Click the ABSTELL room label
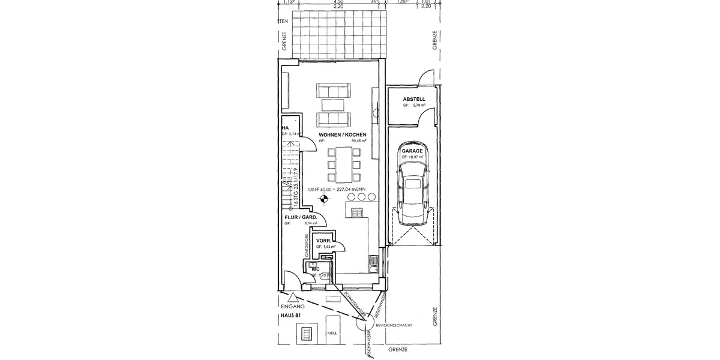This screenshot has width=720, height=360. [x=414, y=98]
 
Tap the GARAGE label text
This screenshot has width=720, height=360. [x=413, y=151]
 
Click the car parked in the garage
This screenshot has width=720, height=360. [x=413, y=194]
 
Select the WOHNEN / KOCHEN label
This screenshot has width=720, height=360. [x=343, y=135]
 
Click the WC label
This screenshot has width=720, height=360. [x=314, y=269]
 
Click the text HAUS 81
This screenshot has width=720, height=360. [x=290, y=315]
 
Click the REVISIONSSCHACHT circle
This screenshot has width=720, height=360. [x=364, y=325]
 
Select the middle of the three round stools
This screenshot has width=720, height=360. [x=361, y=197]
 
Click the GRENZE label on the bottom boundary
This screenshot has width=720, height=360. [x=397, y=349]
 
